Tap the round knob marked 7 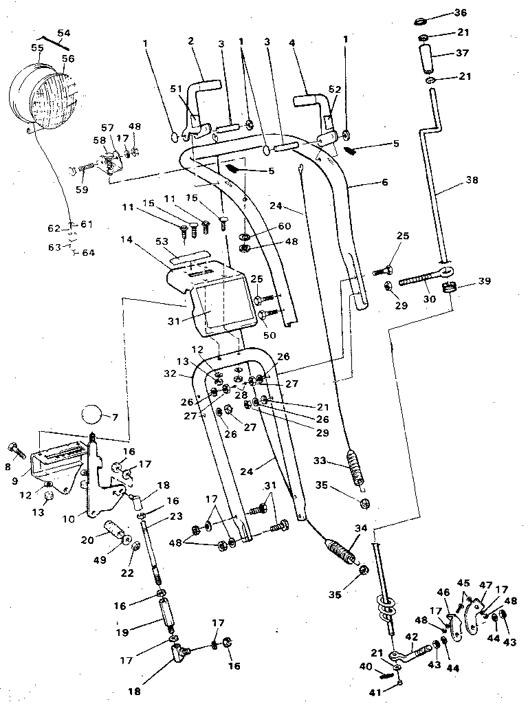point(91,416)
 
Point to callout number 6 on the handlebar point(384,183)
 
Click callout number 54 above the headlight point(63,33)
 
